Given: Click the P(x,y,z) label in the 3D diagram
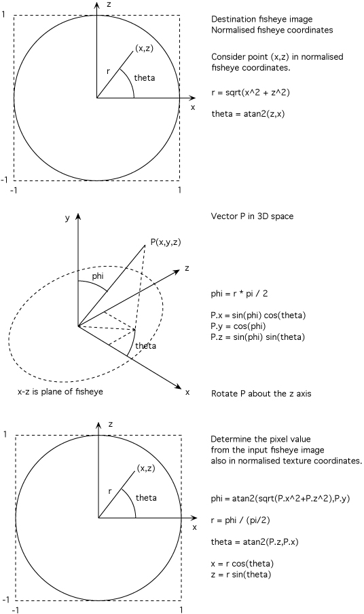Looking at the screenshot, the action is coord(166,242).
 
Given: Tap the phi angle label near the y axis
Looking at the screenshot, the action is coord(98,276).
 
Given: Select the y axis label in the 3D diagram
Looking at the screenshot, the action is coord(67,218).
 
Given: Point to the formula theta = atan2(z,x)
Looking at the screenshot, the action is coord(246,114).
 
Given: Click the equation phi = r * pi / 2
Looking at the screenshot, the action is coord(240,294).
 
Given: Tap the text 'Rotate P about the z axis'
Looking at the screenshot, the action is coord(261,394).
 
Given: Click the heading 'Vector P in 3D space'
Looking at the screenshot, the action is coord(252,216).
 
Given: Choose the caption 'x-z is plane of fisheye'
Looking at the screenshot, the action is coord(60,391).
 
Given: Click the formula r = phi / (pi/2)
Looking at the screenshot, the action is coord(240,520).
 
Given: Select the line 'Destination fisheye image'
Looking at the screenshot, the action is coord(261,19).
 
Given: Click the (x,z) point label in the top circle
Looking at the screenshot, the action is coord(144,49).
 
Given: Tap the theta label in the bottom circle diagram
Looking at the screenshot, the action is coord(146,498).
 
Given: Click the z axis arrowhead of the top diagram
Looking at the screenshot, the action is coord(96,5).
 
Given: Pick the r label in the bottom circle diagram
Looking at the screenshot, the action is coord(110,491).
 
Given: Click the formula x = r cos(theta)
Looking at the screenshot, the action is coord(242,564).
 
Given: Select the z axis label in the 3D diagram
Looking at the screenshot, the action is coord(187,268).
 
